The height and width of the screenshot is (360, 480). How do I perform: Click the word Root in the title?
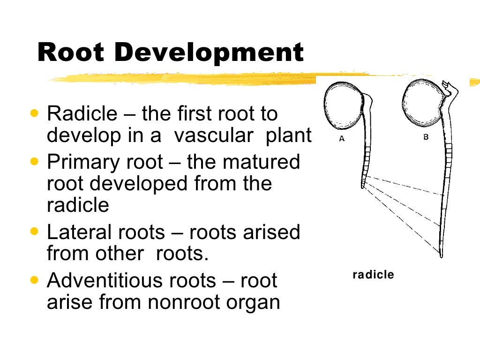[x=71, y=52]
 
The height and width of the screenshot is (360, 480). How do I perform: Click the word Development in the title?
[x=209, y=53]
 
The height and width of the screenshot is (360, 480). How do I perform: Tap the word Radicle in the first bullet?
[x=82, y=114]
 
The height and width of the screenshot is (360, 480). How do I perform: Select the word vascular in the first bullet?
[x=216, y=135]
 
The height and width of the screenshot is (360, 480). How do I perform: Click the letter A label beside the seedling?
[x=342, y=139]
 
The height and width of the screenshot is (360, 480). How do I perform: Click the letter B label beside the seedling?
[x=426, y=137]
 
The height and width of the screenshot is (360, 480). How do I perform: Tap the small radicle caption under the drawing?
[x=373, y=275]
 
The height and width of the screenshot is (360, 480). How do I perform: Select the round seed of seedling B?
[x=421, y=103]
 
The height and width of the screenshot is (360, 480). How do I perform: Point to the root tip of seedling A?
[x=363, y=186]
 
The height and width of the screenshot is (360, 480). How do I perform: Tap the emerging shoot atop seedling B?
[x=451, y=88]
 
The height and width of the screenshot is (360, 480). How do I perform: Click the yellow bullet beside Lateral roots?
[x=34, y=231]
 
